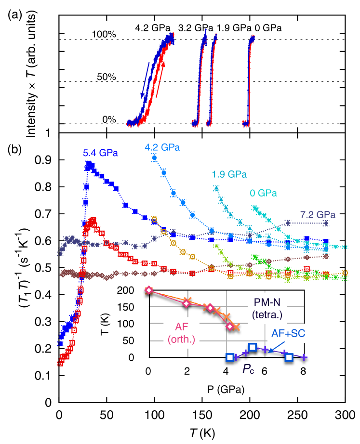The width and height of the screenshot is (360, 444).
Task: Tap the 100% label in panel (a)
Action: pyautogui.click(x=105, y=35)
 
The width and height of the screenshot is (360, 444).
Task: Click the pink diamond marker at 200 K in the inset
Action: pyautogui.click(x=149, y=290)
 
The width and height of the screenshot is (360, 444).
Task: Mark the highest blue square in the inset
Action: pyautogui.click(x=253, y=347)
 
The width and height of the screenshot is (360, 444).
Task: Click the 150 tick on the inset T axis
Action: pyautogui.click(x=136, y=307)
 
